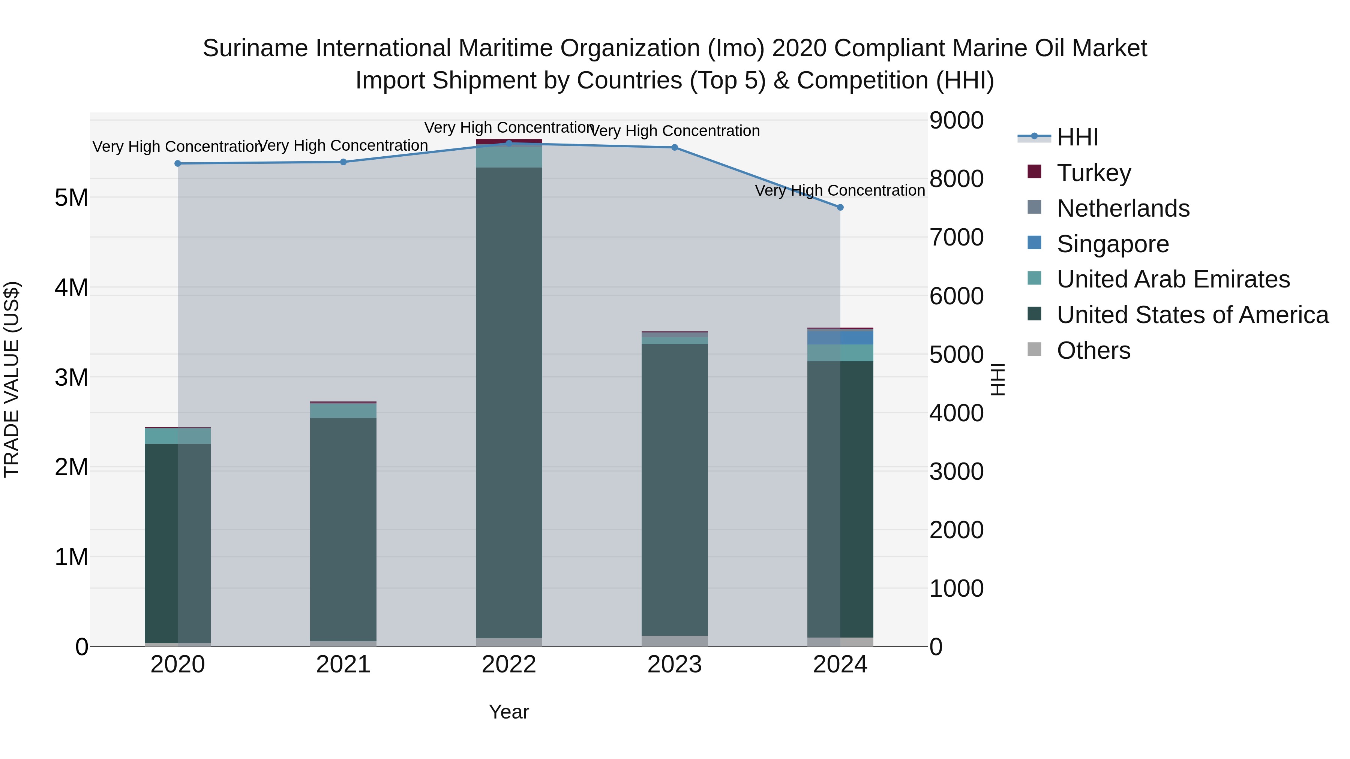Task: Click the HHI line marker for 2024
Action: pos(840,207)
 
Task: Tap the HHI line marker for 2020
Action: pos(178,163)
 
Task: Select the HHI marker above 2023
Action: pos(675,147)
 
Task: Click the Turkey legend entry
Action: pos(1094,173)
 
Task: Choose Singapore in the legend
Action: pos(1113,244)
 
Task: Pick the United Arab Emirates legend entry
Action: pos(1173,279)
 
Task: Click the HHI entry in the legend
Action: pos(1077,137)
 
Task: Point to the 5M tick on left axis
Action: pos(71,198)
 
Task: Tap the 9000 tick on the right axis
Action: pos(956,120)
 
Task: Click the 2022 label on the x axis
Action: pos(509,665)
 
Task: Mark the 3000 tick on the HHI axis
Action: pos(956,472)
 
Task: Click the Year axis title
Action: pos(509,712)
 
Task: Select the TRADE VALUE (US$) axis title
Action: pos(12,379)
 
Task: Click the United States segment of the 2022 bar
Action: pos(509,403)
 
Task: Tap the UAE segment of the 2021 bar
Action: pos(343,411)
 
